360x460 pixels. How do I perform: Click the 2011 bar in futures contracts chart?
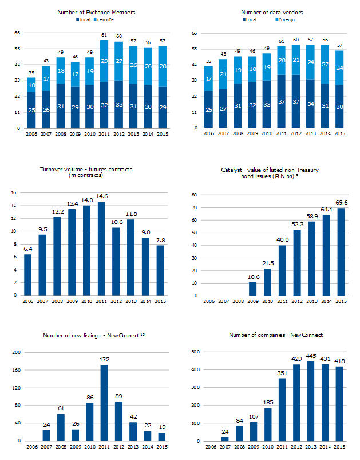click(x=101, y=249)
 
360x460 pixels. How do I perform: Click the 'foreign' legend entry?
click(x=286, y=19)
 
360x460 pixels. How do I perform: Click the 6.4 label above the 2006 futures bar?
click(x=27, y=249)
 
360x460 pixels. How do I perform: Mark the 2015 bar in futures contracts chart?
click(x=161, y=270)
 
